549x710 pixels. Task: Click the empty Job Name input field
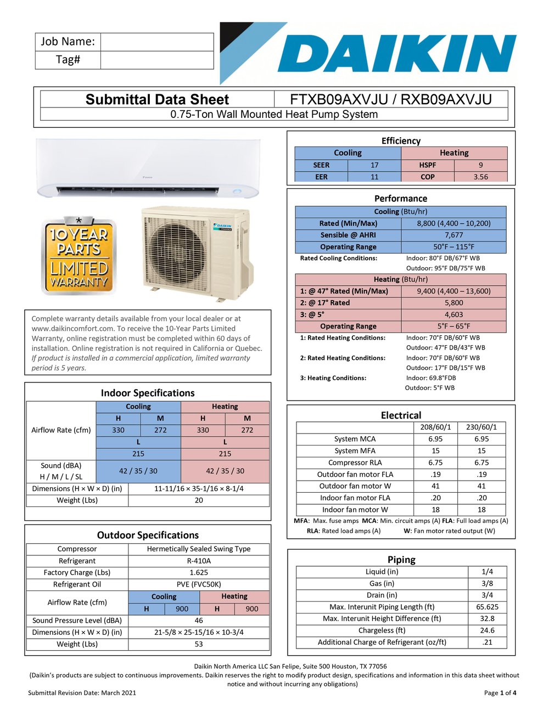coord(157,42)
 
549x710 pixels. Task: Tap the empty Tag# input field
coord(157,60)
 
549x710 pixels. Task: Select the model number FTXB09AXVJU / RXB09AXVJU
coord(390,99)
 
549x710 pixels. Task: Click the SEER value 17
coord(374,165)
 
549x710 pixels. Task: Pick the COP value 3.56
coord(480,177)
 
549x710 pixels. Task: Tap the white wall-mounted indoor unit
coord(147,167)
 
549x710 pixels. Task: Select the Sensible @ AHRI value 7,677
coord(453,235)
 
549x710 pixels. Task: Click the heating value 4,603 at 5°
coord(453,314)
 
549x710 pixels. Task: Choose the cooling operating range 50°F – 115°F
coord(453,247)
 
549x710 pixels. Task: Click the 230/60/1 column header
coord(481,427)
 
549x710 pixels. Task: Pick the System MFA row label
coord(355,450)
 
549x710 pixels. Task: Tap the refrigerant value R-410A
coord(199,561)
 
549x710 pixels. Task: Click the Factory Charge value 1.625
coord(199,572)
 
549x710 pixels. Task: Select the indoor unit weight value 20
coord(199,500)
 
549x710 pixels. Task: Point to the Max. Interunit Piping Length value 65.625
coord(487,607)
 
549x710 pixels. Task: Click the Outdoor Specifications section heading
coord(148,535)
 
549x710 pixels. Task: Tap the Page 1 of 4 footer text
coord(500,692)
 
